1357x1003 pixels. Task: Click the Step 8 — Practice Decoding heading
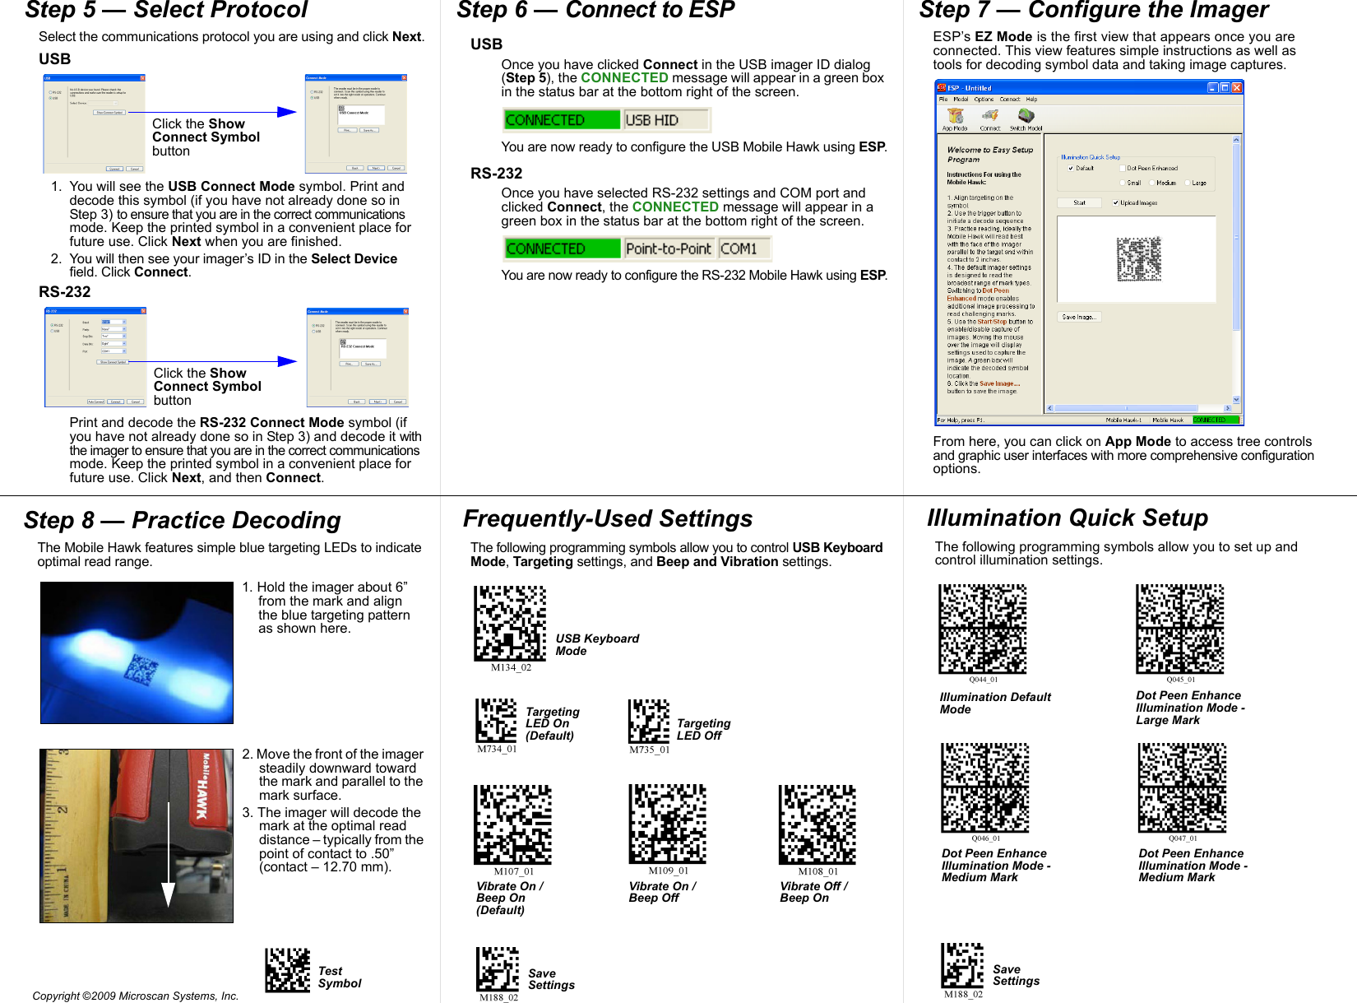point(182,521)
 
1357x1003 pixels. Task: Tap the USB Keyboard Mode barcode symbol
point(510,623)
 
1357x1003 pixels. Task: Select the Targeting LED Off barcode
point(649,722)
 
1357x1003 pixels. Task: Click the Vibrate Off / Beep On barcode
point(817,824)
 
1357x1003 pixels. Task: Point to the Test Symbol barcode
point(287,970)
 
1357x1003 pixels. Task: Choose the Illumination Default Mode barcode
point(983,629)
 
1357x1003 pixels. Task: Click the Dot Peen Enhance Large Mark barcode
point(1179,629)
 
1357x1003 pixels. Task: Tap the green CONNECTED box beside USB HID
point(562,120)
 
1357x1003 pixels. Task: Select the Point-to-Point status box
point(668,248)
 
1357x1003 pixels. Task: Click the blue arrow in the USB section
point(286,112)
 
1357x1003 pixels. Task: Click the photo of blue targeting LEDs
point(137,652)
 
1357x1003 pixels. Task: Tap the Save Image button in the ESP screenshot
point(1078,317)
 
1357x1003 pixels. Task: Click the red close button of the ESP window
point(1237,87)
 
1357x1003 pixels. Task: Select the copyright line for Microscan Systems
point(136,996)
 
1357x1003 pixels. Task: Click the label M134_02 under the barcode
point(511,667)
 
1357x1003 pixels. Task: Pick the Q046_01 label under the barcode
point(985,838)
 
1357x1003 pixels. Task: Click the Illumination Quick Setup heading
point(1068,518)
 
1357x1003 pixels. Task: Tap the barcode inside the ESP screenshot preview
point(1138,258)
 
